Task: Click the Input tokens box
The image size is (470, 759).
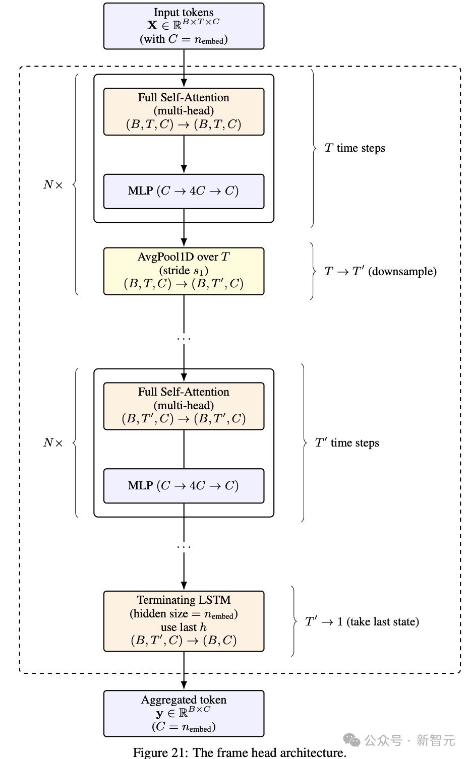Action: coord(184,26)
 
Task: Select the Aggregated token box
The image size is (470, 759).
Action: coord(184,713)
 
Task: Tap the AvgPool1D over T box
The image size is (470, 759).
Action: coord(184,271)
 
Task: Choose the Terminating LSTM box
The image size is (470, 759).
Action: coord(184,621)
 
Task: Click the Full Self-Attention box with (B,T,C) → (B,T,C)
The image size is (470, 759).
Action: coord(184,111)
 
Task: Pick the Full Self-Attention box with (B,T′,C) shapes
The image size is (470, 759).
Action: coord(184,406)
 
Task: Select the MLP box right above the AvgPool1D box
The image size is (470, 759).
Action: coord(184,191)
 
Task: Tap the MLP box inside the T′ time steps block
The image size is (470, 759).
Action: coord(184,485)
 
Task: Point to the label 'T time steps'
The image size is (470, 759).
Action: coord(355,148)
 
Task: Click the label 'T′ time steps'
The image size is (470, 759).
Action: coord(347,442)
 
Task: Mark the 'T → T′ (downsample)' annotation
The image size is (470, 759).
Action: coord(380,271)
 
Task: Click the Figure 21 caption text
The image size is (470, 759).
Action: coord(240,752)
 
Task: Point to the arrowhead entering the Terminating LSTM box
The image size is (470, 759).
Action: coord(184,586)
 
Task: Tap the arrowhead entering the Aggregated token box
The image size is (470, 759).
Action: coord(184,685)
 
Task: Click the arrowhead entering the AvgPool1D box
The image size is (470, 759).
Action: coord(184,242)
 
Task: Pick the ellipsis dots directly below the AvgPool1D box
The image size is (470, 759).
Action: coord(184,339)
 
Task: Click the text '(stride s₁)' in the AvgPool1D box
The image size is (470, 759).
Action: coord(184,271)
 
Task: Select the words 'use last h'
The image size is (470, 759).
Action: coord(184,627)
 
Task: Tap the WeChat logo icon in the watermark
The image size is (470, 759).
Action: coord(351,740)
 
